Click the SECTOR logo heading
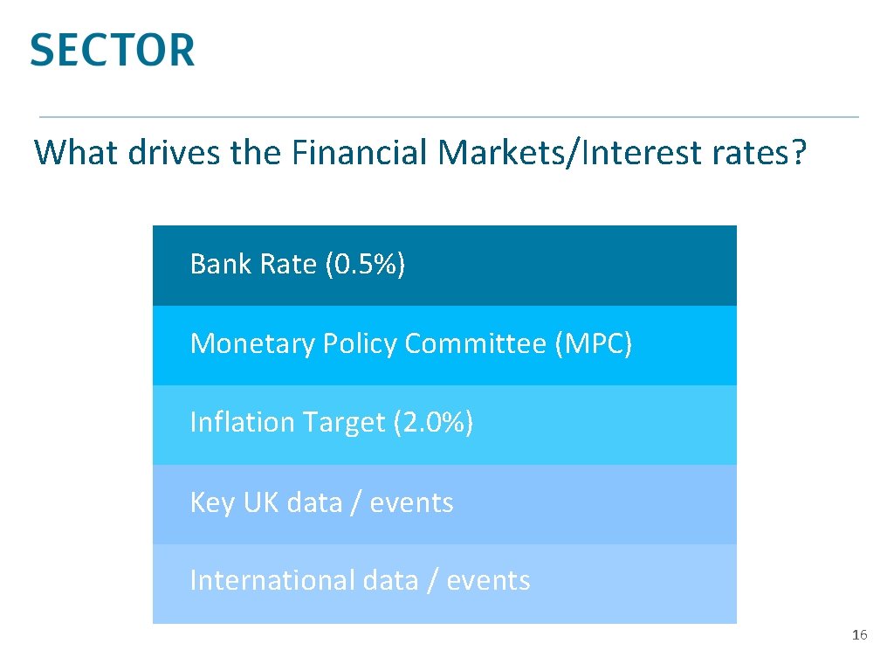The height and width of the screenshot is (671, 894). (113, 50)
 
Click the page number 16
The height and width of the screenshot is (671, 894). (859, 635)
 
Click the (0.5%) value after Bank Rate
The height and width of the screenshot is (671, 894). (364, 264)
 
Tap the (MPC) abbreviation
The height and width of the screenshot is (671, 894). (593, 343)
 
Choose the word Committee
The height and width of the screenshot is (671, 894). (476, 343)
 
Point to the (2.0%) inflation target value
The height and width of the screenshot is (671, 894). (433, 423)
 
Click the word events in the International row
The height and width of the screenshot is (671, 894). (488, 580)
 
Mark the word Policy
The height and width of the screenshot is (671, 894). (359, 344)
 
